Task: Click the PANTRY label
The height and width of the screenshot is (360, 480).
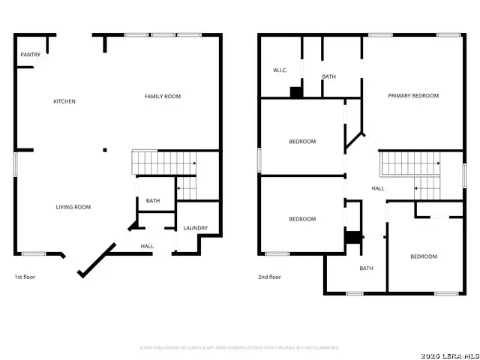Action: (31, 54)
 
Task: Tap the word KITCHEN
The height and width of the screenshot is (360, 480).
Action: (64, 101)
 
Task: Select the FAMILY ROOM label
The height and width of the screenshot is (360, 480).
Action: (163, 96)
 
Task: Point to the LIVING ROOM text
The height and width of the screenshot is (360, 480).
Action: (73, 207)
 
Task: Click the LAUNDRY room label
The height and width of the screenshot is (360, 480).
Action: (196, 228)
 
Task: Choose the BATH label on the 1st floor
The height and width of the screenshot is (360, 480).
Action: (153, 200)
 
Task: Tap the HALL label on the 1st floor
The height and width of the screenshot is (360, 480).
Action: (148, 246)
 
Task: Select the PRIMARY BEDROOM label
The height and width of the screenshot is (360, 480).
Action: (413, 95)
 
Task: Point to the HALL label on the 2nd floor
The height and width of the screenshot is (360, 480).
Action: (378, 188)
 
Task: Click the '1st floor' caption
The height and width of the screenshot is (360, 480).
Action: (25, 277)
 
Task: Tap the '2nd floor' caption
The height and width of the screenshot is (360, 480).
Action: (270, 277)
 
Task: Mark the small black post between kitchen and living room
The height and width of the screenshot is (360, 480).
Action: (105, 149)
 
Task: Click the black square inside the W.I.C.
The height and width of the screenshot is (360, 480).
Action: (296, 92)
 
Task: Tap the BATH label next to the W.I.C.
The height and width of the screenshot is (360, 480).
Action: (328, 76)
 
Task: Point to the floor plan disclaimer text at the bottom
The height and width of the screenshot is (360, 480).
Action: (240, 347)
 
